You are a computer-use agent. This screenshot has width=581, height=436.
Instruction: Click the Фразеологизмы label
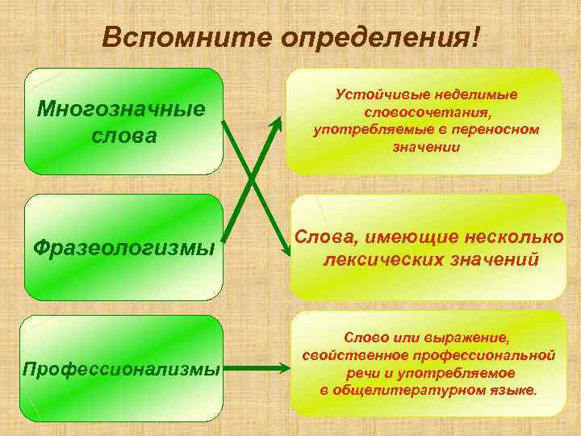pyautogui.click(x=124, y=246)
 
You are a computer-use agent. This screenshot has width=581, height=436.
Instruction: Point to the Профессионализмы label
pyautogui.click(x=122, y=369)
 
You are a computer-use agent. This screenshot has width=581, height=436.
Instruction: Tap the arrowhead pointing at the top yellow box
pyautogui.click(x=276, y=124)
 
